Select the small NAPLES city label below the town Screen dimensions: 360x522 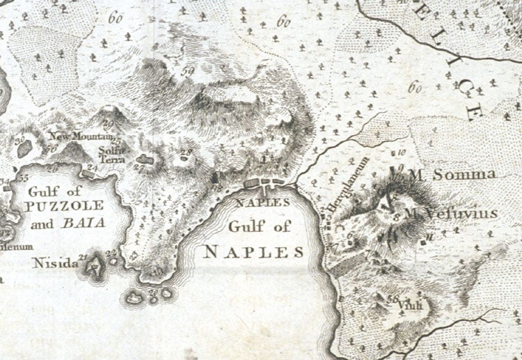point(262,203)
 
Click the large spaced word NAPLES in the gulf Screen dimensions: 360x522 point(254,251)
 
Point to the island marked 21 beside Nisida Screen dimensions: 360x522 point(91,265)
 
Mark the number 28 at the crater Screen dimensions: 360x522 point(185,153)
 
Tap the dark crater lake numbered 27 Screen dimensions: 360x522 point(147,162)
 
